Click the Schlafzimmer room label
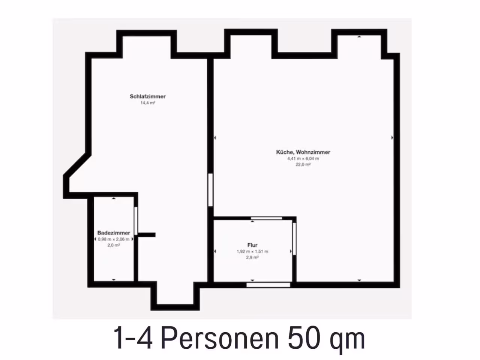click(148, 96)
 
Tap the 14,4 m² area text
click(148, 103)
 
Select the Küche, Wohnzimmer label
click(303, 152)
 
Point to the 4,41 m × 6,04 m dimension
click(303, 159)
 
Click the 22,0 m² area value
click(303, 165)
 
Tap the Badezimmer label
click(114, 233)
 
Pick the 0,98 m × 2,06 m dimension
click(114, 239)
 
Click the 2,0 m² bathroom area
click(114, 245)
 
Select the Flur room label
click(252, 245)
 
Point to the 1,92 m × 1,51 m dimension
click(252, 251)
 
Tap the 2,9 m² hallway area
click(252, 258)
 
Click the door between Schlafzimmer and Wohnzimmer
click(210, 190)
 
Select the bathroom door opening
click(136, 221)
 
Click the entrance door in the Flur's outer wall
click(268, 285)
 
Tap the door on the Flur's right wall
click(294, 239)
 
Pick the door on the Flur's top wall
click(266, 218)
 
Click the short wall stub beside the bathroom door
click(147, 235)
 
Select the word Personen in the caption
click(220, 338)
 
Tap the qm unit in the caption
click(348, 341)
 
